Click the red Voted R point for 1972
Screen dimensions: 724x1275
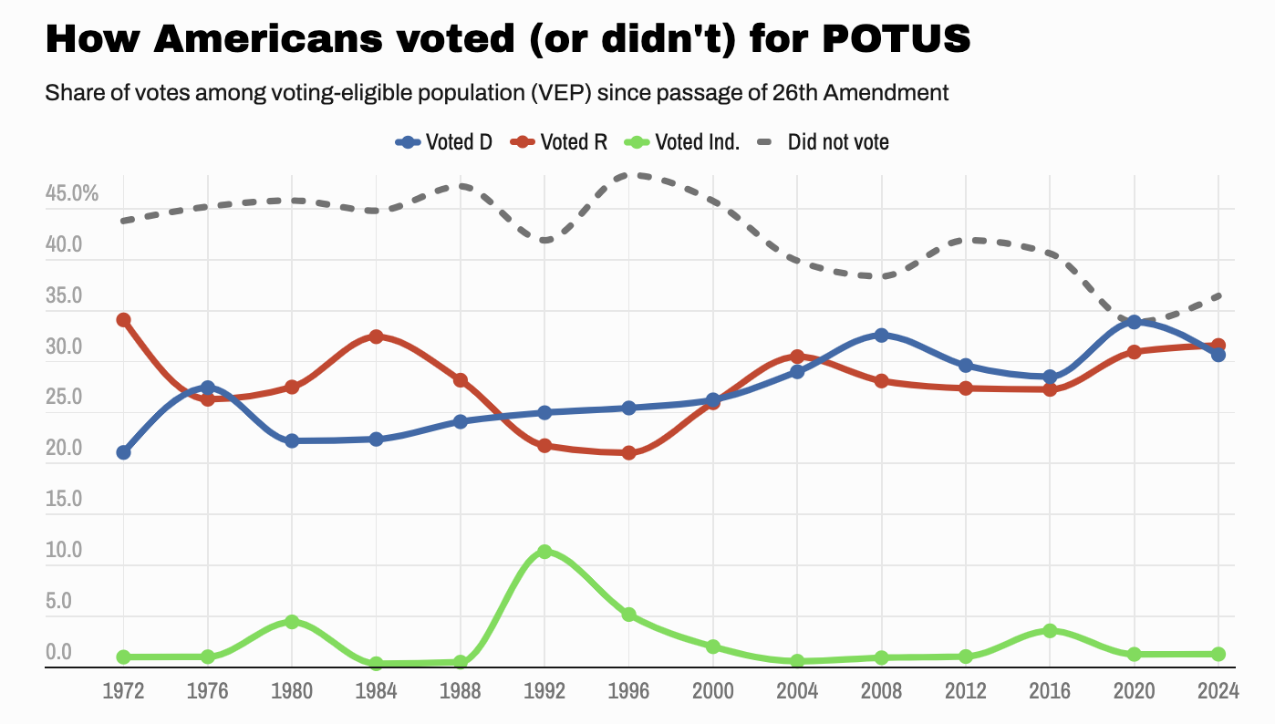click(123, 320)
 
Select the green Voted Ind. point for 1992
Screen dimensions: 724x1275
click(544, 552)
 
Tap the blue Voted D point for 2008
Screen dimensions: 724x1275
click(881, 336)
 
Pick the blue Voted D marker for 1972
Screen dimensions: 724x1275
click(123, 452)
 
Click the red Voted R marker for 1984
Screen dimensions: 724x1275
click(376, 336)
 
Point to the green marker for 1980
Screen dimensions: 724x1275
click(292, 622)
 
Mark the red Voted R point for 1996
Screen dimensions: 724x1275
click(628, 452)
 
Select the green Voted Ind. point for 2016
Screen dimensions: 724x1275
click(1050, 630)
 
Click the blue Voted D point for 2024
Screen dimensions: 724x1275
click(1218, 355)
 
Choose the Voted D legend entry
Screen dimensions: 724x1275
click(444, 142)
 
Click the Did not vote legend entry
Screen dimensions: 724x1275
click(824, 142)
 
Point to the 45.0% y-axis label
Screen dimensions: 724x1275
click(71, 194)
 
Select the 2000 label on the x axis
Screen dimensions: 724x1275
click(712, 690)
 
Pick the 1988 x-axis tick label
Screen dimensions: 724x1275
click(460, 690)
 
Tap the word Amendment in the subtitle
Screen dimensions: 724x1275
click(897, 93)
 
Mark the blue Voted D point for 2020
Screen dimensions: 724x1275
click(1134, 322)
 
